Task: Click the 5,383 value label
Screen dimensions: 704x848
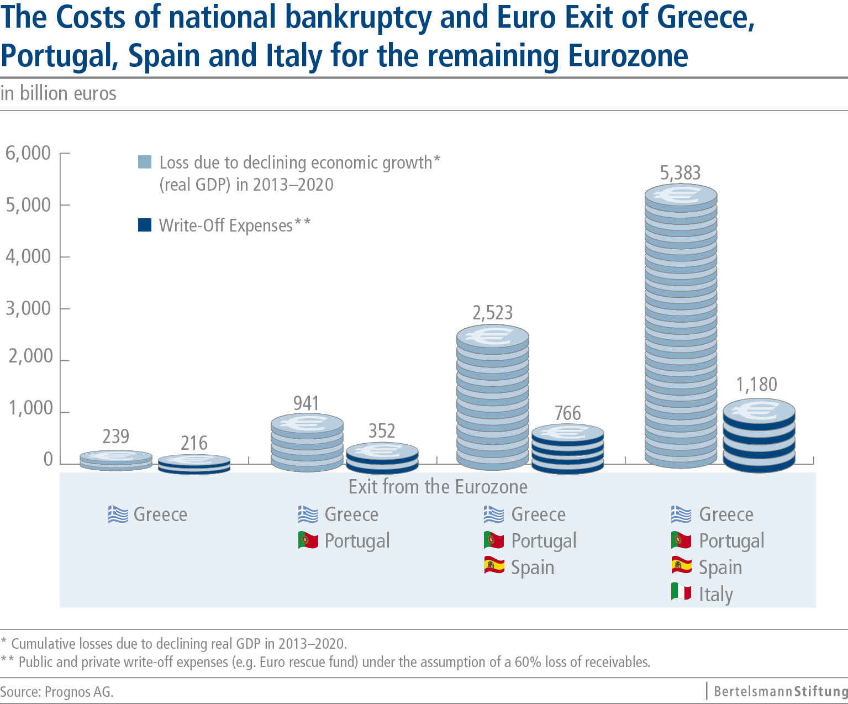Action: [680, 174]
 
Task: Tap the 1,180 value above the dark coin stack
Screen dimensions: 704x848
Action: [756, 385]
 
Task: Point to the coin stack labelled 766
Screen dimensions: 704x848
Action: [567, 449]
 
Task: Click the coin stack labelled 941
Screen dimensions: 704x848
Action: [307, 442]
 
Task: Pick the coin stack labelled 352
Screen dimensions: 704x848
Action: [382, 458]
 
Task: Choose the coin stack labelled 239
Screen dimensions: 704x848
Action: [116, 460]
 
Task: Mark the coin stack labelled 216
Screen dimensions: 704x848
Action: [194, 464]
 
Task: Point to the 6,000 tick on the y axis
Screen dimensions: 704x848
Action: [28, 153]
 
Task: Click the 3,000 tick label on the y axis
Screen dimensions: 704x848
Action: [28, 308]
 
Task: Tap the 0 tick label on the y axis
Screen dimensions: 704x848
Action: [48, 460]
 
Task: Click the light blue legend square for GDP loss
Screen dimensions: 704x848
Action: [145, 162]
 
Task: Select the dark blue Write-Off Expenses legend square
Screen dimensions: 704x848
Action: [145, 225]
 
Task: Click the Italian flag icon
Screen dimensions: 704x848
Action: [681, 592]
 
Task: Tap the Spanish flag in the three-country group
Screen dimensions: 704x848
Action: [494, 565]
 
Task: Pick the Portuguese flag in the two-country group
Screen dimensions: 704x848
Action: [308, 539]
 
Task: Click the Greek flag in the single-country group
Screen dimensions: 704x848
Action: [118, 514]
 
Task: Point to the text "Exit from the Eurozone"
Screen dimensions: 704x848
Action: [438, 487]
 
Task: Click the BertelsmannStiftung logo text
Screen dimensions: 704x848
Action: [780, 691]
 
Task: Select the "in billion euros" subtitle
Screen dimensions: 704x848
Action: [59, 93]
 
